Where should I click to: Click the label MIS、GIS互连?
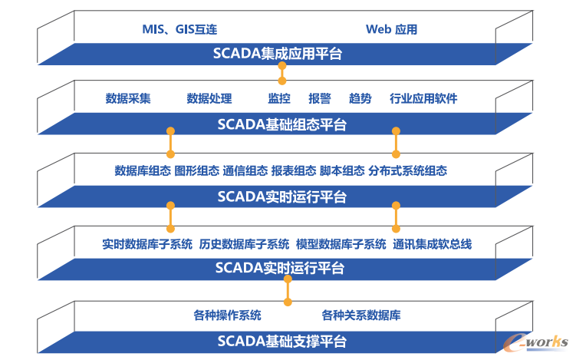180,30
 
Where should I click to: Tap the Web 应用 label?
391,30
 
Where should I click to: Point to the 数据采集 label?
128,98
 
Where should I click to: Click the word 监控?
279,98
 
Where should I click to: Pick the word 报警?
320,98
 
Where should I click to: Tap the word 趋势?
360,98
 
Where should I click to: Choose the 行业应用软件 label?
423,98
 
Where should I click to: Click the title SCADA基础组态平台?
282,124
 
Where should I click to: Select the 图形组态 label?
196,171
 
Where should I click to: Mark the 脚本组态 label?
342,171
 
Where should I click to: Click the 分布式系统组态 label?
407,171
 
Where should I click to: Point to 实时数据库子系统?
147,245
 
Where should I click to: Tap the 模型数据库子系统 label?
341,245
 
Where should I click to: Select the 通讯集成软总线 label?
432,245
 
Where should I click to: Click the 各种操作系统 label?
227,315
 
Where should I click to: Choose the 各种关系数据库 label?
360,315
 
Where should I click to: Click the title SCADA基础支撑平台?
282,341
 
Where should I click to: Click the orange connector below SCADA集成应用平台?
282,73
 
